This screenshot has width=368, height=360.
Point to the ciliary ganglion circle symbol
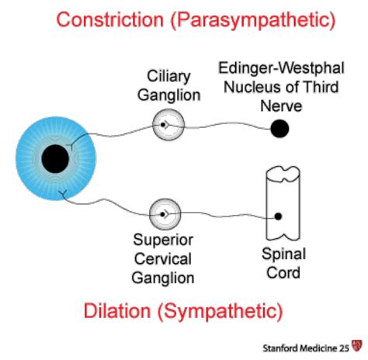pos(164,124)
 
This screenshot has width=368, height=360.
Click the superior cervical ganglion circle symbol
pos(164,213)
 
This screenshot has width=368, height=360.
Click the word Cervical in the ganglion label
pos(163,259)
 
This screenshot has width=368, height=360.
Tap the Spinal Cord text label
pos(283,264)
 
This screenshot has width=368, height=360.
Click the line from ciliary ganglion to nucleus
pos(225,126)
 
